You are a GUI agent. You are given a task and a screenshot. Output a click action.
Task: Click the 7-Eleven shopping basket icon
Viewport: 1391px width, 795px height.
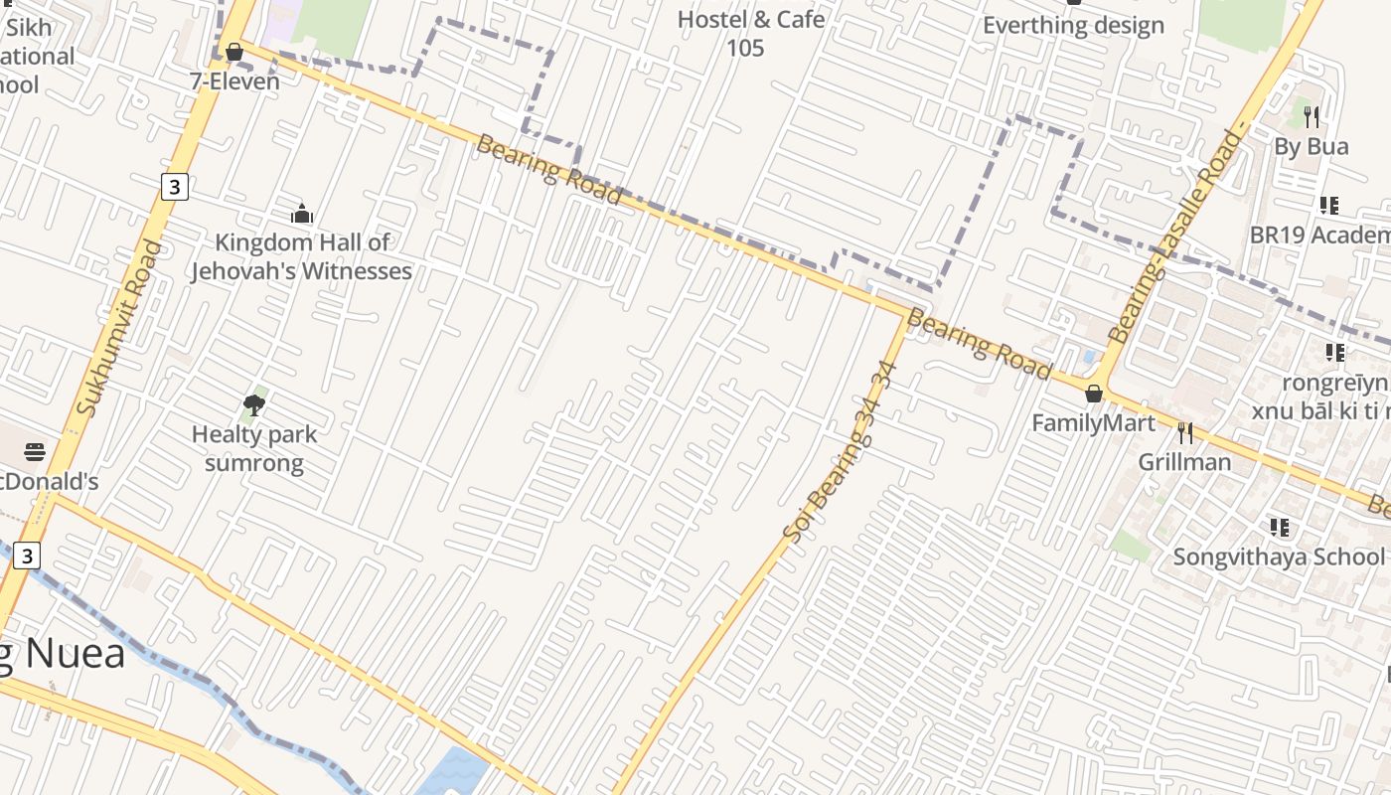pyautogui.click(x=234, y=51)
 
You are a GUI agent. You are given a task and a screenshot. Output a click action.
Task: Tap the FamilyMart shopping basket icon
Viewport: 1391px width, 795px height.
pyautogui.click(x=1094, y=394)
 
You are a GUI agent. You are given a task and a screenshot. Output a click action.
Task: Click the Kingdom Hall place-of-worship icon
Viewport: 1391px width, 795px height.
pyautogui.click(x=302, y=214)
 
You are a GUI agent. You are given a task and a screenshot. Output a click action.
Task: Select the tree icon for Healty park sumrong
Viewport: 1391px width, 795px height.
pyautogui.click(x=253, y=404)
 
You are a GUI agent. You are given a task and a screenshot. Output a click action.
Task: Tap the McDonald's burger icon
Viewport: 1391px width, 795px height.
pyautogui.click(x=35, y=453)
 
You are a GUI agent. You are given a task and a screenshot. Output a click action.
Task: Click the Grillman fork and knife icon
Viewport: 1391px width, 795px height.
pyautogui.click(x=1184, y=432)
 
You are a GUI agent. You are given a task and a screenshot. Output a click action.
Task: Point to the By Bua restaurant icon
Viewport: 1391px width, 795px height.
pyautogui.click(x=1312, y=117)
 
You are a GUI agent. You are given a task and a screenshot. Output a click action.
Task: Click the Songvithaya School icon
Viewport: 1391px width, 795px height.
pyautogui.click(x=1280, y=527)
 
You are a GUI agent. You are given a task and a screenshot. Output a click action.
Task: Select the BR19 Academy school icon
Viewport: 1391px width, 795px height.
pyautogui.click(x=1328, y=206)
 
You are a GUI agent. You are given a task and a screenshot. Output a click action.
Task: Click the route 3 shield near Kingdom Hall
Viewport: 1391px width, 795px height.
pyautogui.click(x=175, y=186)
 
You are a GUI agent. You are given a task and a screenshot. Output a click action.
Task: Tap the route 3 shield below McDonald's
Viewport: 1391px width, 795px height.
pyautogui.click(x=27, y=556)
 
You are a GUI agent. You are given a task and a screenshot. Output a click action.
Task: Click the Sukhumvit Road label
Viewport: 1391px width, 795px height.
pyautogui.click(x=117, y=328)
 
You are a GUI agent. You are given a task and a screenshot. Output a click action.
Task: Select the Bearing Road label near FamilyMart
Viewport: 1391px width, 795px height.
pyautogui.click(x=979, y=345)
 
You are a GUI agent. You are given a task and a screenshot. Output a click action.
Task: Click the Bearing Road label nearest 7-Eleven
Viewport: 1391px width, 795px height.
pyautogui.click(x=549, y=170)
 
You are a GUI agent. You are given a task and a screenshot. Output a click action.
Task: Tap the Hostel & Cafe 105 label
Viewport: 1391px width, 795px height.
pyautogui.click(x=751, y=33)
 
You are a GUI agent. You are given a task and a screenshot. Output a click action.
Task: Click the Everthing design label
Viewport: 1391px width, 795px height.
pyautogui.click(x=1073, y=26)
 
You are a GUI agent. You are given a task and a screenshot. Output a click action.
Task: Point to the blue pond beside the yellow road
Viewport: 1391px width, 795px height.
pyautogui.click(x=453, y=772)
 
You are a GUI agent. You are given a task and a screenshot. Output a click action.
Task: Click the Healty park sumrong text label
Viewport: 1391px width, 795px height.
pyautogui.click(x=254, y=448)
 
